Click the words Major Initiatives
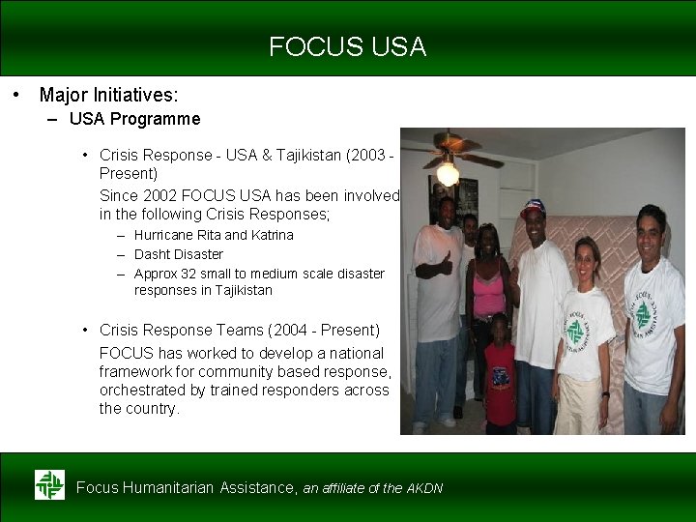[x=108, y=95]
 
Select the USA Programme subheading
[x=134, y=119]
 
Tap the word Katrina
[x=273, y=235]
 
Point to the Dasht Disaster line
[x=178, y=254]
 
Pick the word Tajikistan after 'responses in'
[x=242, y=290]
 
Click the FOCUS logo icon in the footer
[x=49, y=485]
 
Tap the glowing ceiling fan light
[x=448, y=174]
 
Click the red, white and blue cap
[x=533, y=207]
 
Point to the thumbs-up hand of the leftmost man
[x=447, y=261]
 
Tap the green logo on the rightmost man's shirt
[x=642, y=313]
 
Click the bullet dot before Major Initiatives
[x=16, y=95]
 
